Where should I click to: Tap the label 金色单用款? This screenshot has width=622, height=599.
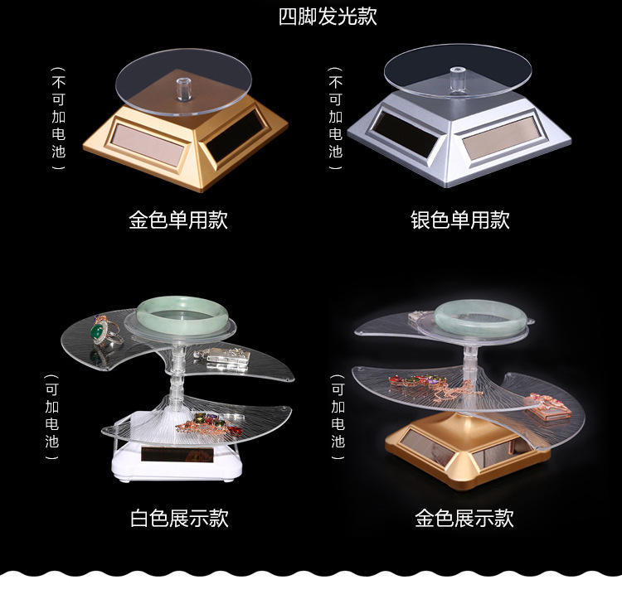178,220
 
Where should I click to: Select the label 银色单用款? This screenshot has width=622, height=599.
460,220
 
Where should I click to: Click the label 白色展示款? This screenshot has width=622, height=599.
179,519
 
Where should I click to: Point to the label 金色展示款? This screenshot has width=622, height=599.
464,519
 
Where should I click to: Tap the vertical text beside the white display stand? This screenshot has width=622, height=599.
52,410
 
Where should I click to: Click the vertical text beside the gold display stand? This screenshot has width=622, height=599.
338,410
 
